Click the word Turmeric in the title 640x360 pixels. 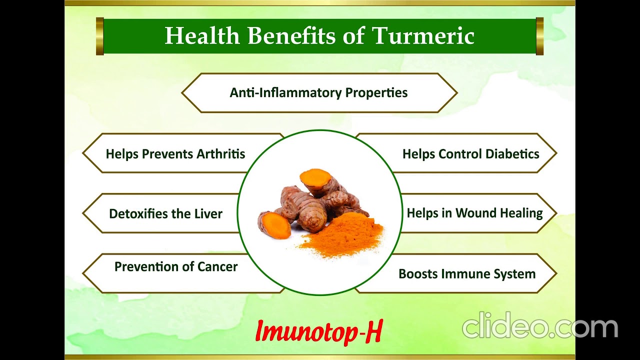423,36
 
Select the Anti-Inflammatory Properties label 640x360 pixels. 318,93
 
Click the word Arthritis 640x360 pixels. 221,153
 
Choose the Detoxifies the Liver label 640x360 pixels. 165,213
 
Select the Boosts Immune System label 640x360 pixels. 467,273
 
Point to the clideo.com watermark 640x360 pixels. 540,327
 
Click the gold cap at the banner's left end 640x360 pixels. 99,36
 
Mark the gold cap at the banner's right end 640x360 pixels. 539,36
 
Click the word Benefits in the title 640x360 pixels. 291,36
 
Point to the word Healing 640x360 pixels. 523,213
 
